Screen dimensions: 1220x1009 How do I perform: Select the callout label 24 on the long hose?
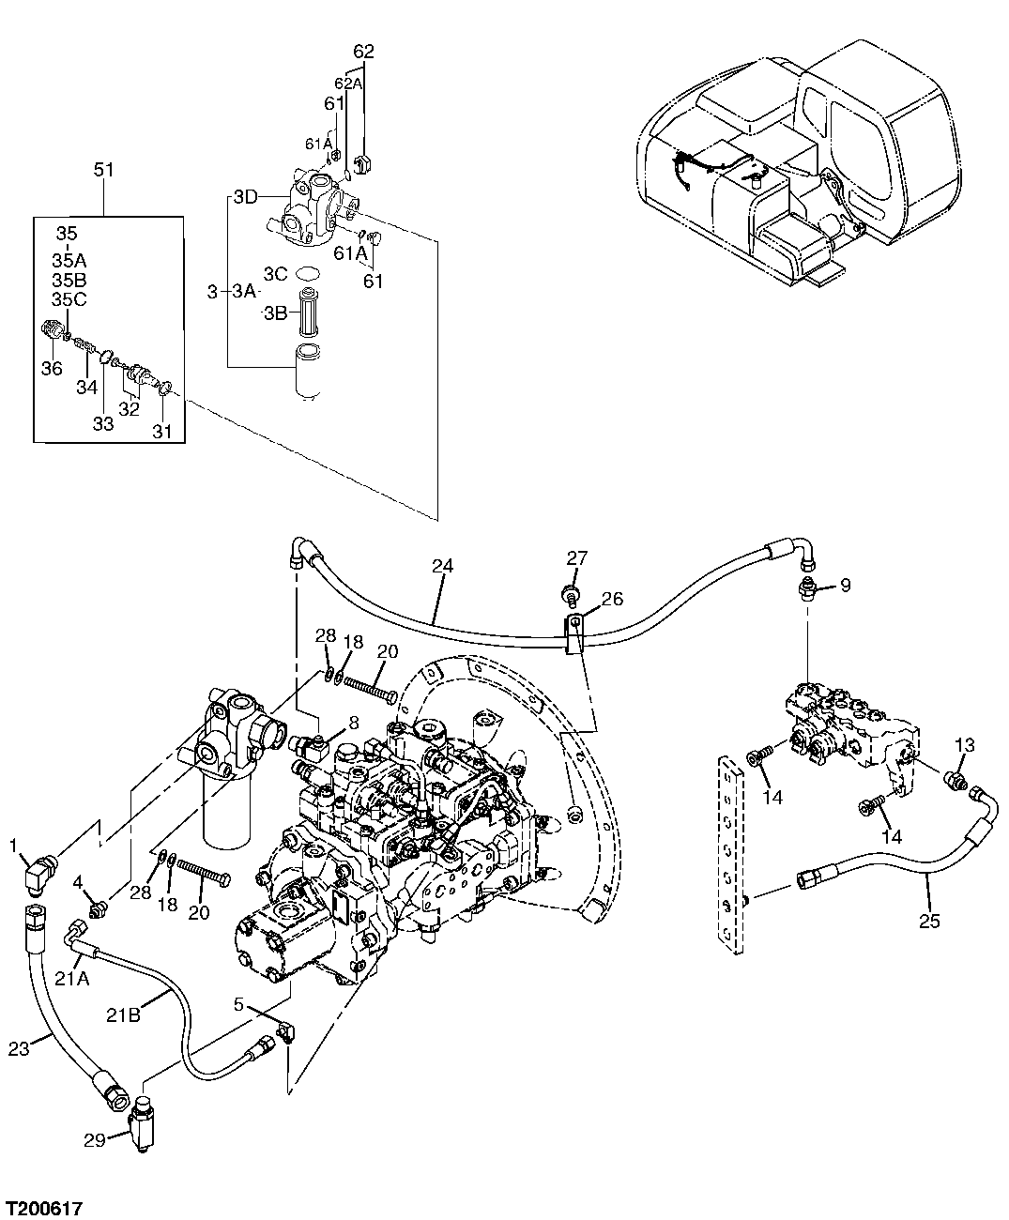click(442, 566)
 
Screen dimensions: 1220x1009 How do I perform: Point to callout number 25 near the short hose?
click(928, 921)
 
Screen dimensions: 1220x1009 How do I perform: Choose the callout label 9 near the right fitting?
click(845, 585)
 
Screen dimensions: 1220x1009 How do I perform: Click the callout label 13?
click(966, 745)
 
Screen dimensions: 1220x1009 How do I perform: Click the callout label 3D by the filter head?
click(245, 197)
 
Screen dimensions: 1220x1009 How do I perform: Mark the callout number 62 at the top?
click(363, 52)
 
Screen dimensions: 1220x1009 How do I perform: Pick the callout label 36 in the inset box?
click(52, 369)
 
